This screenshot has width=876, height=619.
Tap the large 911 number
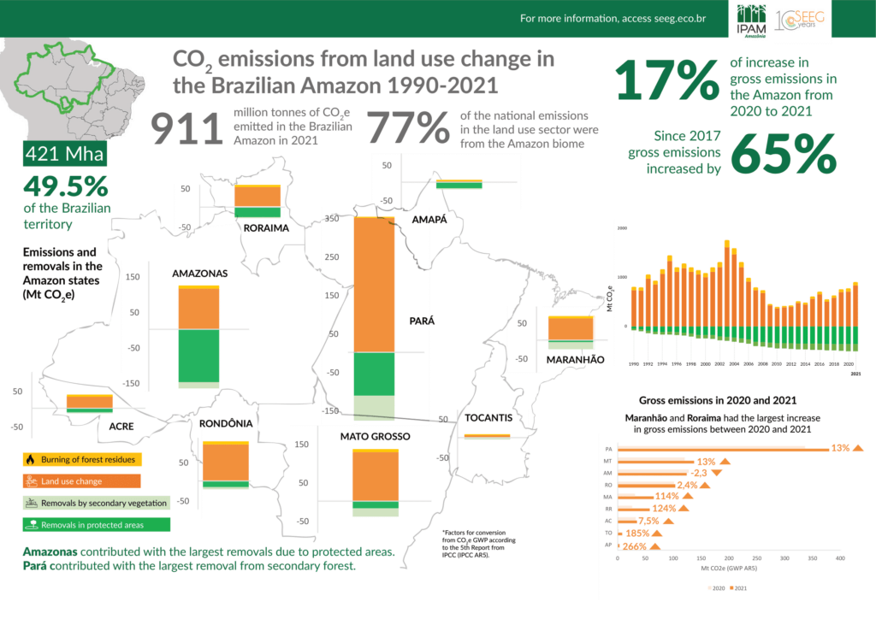click(188, 130)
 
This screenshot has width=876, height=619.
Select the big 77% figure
click(409, 130)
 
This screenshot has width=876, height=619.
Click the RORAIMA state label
click(266, 229)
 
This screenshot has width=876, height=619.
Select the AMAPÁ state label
click(429, 220)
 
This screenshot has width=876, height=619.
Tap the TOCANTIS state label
click(488, 418)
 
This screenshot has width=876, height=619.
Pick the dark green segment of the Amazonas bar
click(198, 355)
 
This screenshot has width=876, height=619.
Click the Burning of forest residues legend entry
click(83, 459)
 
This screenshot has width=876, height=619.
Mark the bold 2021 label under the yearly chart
click(855, 374)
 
